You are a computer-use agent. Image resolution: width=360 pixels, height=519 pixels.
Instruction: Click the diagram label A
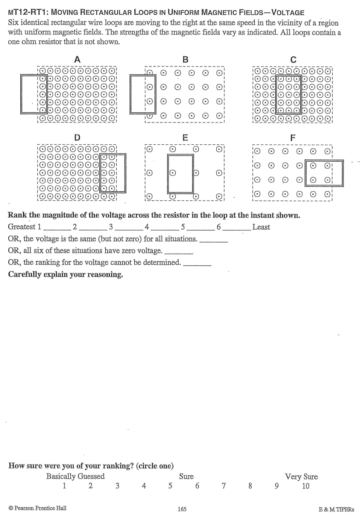tap(77, 59)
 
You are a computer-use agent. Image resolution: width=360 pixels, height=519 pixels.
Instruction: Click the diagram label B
tap(185, 59)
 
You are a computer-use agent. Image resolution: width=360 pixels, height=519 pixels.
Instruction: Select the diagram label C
tap(293, 59)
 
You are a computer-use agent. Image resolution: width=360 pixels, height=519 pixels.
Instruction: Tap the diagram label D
tap(77, 137)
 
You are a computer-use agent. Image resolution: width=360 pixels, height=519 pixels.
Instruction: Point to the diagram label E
tap(185, 137)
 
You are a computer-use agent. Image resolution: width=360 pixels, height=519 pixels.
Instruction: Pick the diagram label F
tap(293, 138)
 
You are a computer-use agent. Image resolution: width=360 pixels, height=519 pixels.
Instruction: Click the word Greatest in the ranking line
tap(21, 227)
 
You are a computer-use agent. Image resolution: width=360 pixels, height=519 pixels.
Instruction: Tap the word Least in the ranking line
tap(261, 227)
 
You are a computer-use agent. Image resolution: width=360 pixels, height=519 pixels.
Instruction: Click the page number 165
tap(182, 509)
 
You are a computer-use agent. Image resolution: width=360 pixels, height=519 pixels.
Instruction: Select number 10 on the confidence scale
tap(305, 486)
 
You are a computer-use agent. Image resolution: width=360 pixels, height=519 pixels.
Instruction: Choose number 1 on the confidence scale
tap(64, 486)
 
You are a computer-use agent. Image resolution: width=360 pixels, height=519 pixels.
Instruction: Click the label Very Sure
tap(301, 477)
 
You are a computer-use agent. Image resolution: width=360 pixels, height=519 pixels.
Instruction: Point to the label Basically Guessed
tap(75, 476)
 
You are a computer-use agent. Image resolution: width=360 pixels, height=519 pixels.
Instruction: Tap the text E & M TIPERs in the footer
tap(336, 509)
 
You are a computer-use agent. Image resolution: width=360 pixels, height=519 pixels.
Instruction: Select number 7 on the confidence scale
tap(223, 486)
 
